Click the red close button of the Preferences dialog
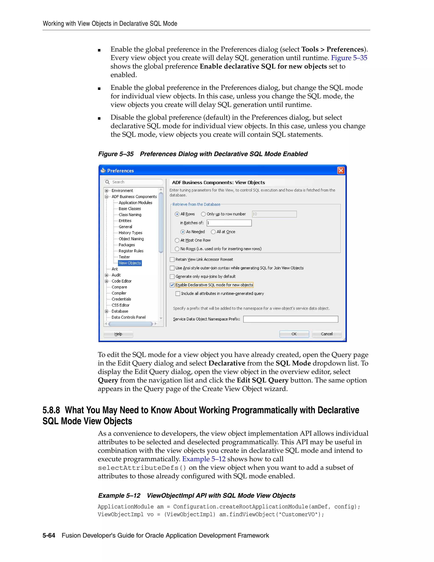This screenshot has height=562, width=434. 341,170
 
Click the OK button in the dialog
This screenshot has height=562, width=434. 294,334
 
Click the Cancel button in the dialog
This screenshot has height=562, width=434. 327,334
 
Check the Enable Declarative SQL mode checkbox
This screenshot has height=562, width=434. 172,285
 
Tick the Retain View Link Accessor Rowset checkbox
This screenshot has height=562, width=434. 172,259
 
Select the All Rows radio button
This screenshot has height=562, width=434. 177,214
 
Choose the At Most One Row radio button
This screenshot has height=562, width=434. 177,240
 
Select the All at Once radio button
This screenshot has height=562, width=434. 213,232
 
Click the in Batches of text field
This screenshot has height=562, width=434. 229,223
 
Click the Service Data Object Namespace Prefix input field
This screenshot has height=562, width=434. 291,319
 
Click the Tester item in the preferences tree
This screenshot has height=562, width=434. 124,257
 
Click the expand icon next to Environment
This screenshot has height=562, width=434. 106,191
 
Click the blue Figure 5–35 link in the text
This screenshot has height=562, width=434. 349,58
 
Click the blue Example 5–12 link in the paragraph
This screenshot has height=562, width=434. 204,459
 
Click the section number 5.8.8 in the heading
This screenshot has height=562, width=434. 51,410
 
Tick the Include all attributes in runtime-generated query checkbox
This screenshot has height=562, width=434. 178,294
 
